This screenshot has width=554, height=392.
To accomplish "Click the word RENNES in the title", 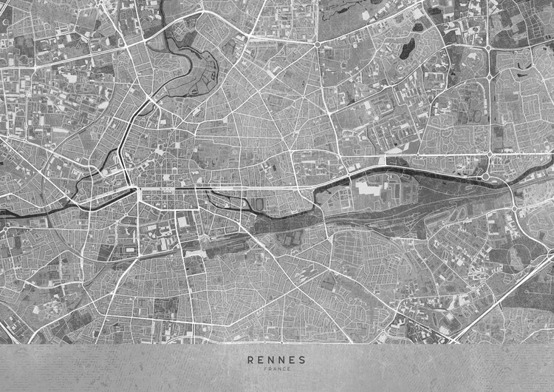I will coord(277,360).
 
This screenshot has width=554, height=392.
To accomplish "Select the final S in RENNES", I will coord(302,360).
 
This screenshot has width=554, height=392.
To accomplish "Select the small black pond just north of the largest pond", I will coord(418,27).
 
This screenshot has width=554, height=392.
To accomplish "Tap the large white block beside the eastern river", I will coord(369,188).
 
